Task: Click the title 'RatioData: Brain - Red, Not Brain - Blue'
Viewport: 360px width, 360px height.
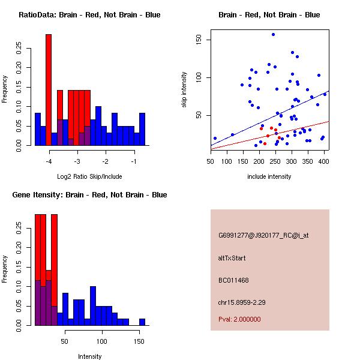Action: coord(89,15)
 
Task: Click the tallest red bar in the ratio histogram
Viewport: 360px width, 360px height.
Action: coord(49,90)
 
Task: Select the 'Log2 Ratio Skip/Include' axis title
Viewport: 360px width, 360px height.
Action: coord(89,177)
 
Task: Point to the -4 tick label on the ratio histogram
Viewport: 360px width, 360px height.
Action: coord(49,161)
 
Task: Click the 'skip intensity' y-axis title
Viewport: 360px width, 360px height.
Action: coord(184,90)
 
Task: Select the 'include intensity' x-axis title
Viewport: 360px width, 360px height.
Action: coord(269,176)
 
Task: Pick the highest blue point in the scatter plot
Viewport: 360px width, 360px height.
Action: coord(273,35)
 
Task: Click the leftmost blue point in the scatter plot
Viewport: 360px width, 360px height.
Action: coord(215,139)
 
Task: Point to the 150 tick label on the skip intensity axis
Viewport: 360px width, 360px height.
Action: coord(199,40)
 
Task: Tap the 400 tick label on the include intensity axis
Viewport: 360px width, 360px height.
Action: coord(324,161)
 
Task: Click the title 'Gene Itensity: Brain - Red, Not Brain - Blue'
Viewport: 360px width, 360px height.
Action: coord(89,195)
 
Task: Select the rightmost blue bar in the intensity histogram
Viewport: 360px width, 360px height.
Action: coord(142,322)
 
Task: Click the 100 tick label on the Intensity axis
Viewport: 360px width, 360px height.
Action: coord(102,341)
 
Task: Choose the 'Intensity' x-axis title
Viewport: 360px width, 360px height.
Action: coord(89,356)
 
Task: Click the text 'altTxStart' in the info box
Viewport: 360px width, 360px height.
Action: coord(232,258)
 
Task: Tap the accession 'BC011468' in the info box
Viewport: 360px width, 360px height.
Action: coord(233,280)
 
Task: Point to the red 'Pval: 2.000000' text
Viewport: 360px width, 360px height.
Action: coord(239,319)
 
